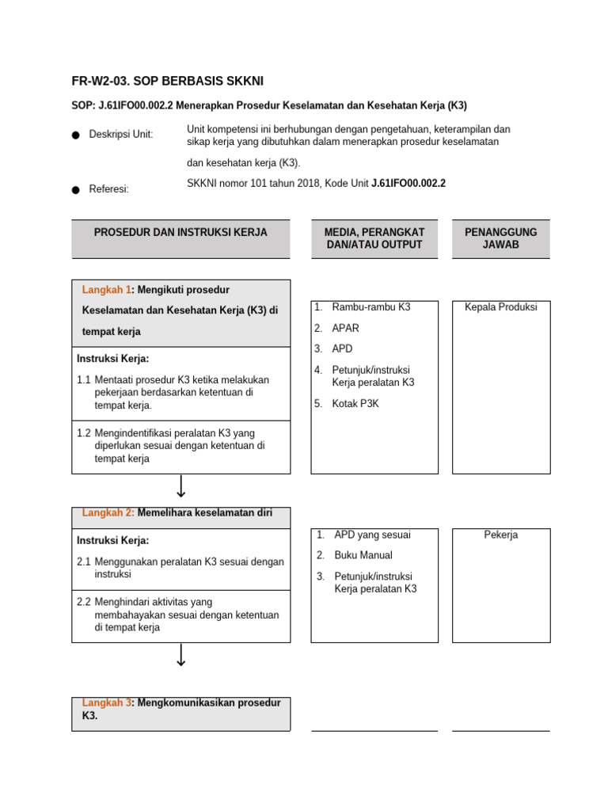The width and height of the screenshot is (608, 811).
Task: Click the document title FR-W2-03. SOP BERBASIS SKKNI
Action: click(167, 81)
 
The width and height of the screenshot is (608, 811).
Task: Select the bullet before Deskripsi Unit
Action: click(76, 135)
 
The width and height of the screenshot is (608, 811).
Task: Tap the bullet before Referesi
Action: click(76, 190)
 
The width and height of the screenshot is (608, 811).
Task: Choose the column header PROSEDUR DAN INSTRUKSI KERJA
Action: click(180, 232)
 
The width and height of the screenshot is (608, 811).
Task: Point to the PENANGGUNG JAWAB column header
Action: click(500, 238)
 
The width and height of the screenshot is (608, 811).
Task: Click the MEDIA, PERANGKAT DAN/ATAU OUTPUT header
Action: click(374, 238)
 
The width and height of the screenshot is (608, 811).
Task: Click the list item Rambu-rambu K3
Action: click(370, 307)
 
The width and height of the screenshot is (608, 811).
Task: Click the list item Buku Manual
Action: click(363, 555)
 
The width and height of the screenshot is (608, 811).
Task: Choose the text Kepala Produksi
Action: click(500, 307)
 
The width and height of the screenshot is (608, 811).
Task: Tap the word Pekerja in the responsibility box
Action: click(500, 535)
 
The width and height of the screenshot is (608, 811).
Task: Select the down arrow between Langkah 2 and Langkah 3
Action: click(181, 655)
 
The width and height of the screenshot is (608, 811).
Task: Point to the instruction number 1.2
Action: click(84, 433)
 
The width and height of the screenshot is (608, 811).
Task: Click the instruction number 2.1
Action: click(84, 562)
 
